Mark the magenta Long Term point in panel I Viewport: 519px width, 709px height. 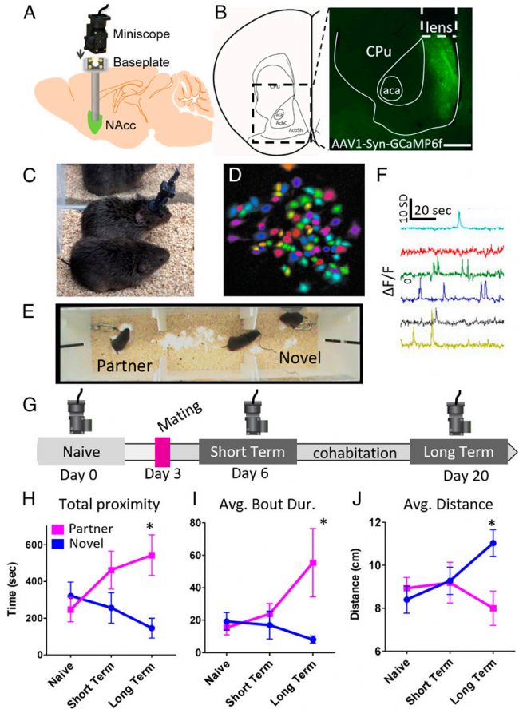click(313, 563)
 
